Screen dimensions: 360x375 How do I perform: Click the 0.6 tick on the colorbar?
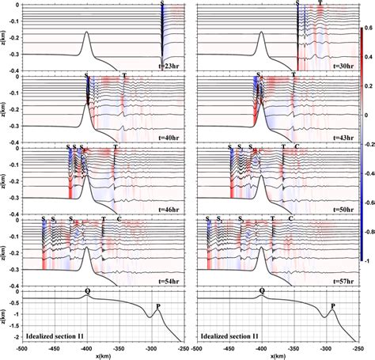coord(368,28)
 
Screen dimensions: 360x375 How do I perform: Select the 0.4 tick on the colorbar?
coord(368,57)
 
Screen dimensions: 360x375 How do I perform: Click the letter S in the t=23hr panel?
coord(162,4)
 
